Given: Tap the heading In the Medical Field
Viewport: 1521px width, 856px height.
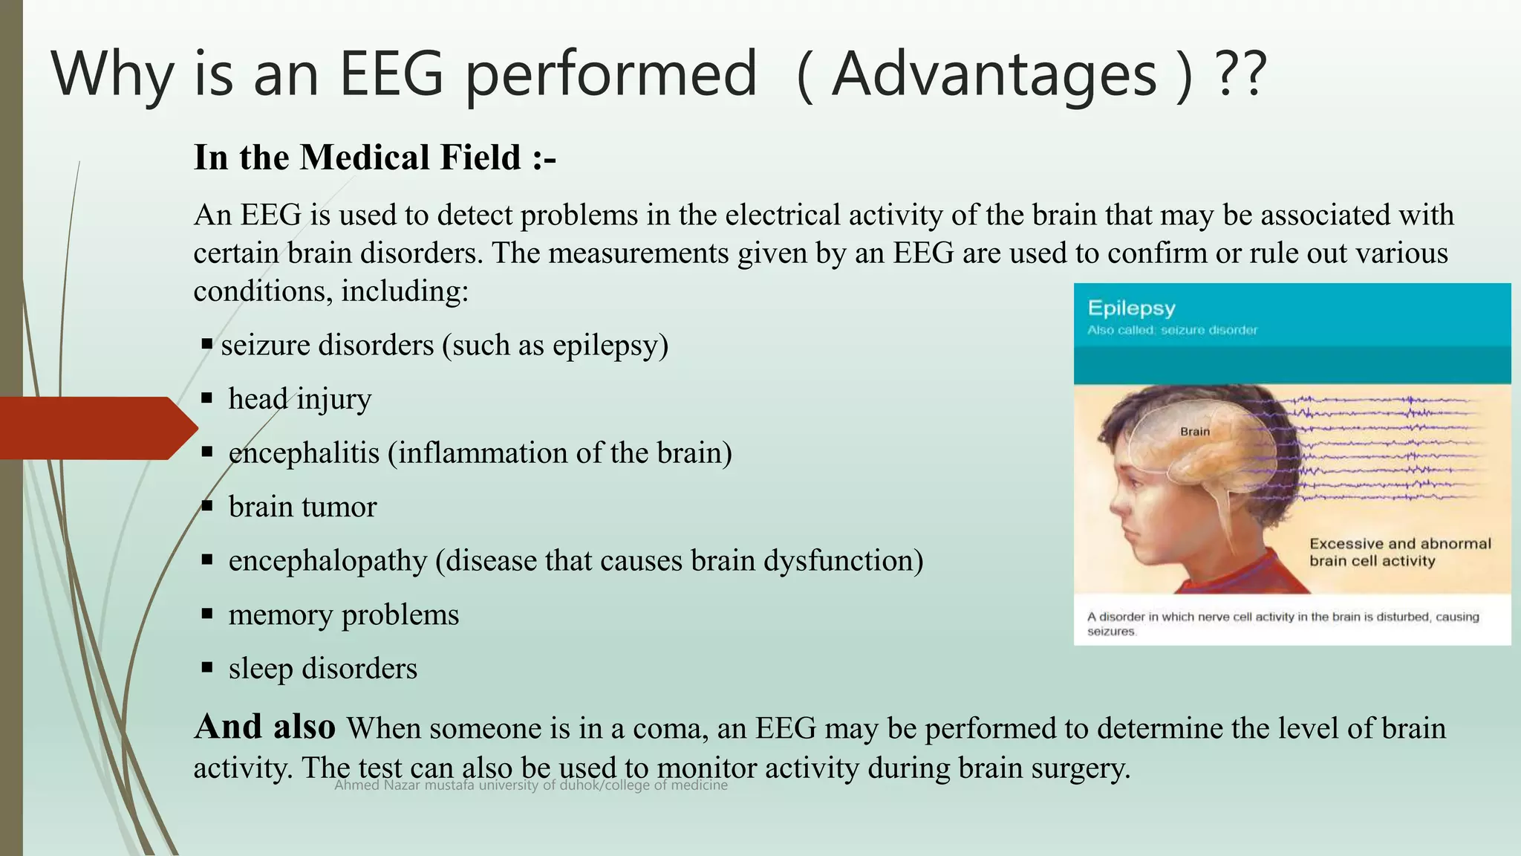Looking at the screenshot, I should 374,158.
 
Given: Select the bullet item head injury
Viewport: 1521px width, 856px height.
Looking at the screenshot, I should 299,399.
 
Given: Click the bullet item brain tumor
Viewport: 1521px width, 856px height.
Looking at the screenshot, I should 302,507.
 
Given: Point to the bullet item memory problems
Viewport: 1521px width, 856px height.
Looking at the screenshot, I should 343,615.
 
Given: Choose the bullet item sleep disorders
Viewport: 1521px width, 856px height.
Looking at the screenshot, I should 322,669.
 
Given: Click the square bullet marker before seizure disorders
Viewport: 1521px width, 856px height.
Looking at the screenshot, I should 207,344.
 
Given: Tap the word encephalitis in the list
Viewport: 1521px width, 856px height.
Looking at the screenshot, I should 304,453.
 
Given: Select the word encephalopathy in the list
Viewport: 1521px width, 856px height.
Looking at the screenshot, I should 328,560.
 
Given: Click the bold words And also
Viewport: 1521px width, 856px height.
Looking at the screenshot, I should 264,727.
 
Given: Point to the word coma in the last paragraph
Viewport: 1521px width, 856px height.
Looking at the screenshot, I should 668,728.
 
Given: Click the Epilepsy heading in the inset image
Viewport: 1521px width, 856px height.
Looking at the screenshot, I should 1131,308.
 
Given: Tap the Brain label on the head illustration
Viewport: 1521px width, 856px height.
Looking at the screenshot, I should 1195,432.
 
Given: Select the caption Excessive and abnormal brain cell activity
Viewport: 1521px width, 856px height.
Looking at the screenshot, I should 1399,552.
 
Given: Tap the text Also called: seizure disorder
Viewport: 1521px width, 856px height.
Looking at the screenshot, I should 1172,330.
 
